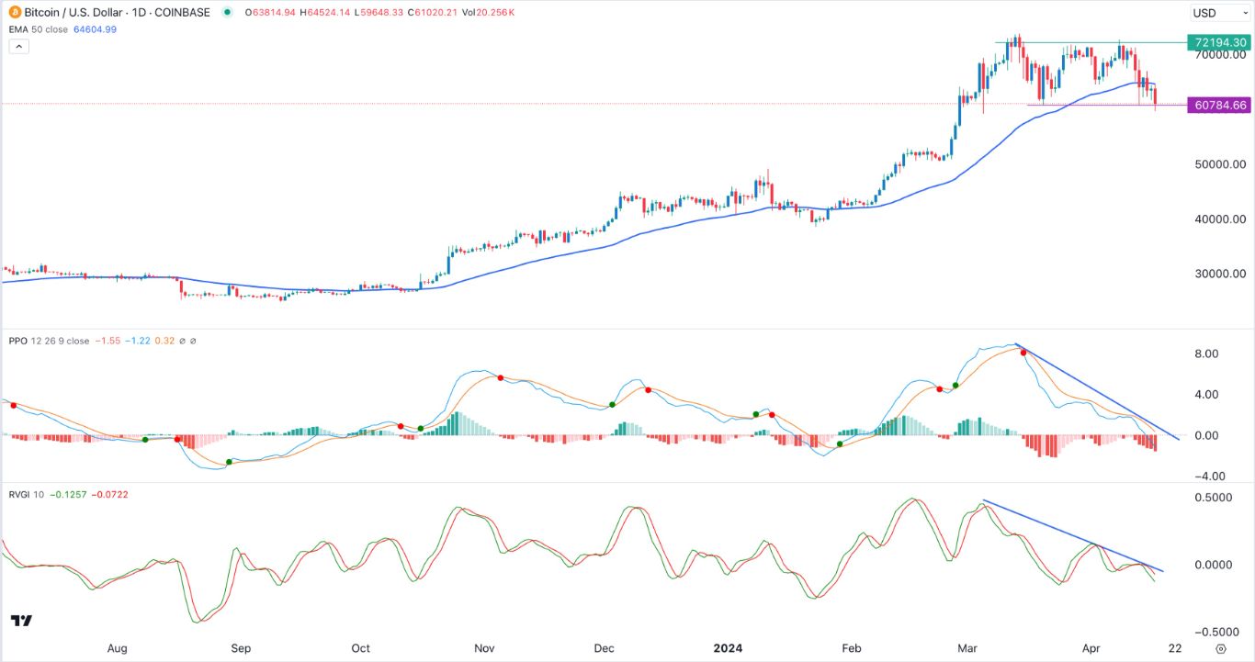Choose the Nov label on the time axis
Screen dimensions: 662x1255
tap(485, 648)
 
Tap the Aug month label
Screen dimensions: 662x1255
tap(117, 648)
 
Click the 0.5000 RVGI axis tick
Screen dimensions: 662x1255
tap(1213, 497)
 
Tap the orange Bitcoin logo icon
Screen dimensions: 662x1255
tap(12, 12)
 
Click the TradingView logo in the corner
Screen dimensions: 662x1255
tap(21, 622)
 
